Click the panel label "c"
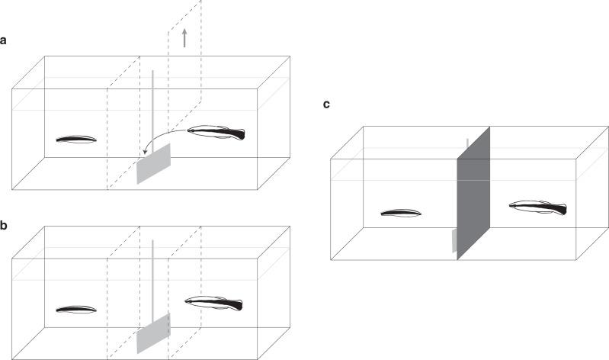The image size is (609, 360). pos(326,104)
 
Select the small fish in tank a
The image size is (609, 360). pos(76,140)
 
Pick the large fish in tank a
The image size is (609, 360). pos(216,133)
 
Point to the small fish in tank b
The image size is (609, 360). pos(76,310)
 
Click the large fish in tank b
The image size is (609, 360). pos(214,304)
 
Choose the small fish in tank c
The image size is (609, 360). pos(401,214)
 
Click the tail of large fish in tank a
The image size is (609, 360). pos(239,135)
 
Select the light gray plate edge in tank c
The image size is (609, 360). pos(454,240)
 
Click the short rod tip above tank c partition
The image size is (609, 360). pos(467,143)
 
